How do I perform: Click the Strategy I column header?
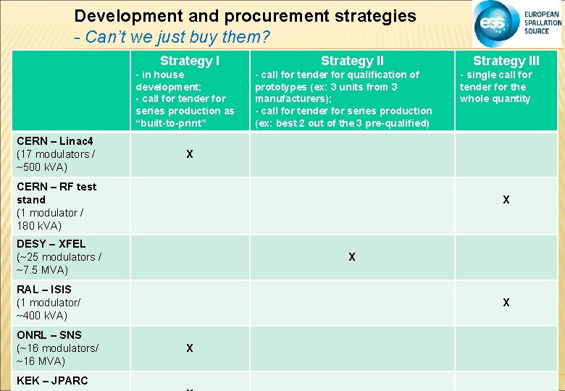pyautogui.click(x=190, y=61)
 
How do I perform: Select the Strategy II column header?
pyautogui.click(x=352, y=61)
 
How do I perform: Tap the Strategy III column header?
pyautogui.click(x=506, y=61)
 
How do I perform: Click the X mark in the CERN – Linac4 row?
pyautogui.click(x=190, y=154)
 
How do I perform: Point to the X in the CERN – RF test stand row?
pyautogui.click(x=506, y=200)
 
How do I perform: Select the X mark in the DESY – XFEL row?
pyautogui.click(x=352, y=257)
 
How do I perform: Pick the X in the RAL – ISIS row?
pyautogui.click(x=506, y=303)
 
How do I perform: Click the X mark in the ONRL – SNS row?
pyautogui.click(x=190, y=348)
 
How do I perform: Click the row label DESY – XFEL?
pyautogui.click(x=51, y=244)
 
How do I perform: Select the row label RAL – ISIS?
pyautogui.click(x=44, y=290)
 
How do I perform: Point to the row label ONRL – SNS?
pyautogui.click(x=49, y=335)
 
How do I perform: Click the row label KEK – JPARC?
pyautogui.click(x=52, y=381)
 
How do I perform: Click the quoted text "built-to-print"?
pyautogui.click(x=171, y=123)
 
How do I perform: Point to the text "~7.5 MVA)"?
pyautogui.click(x=42, y=270)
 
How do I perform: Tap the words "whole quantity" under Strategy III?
pyautogui.click(x=495, y=98)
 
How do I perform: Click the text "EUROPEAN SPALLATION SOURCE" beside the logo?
pyautogui.click(x=543, y=23)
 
